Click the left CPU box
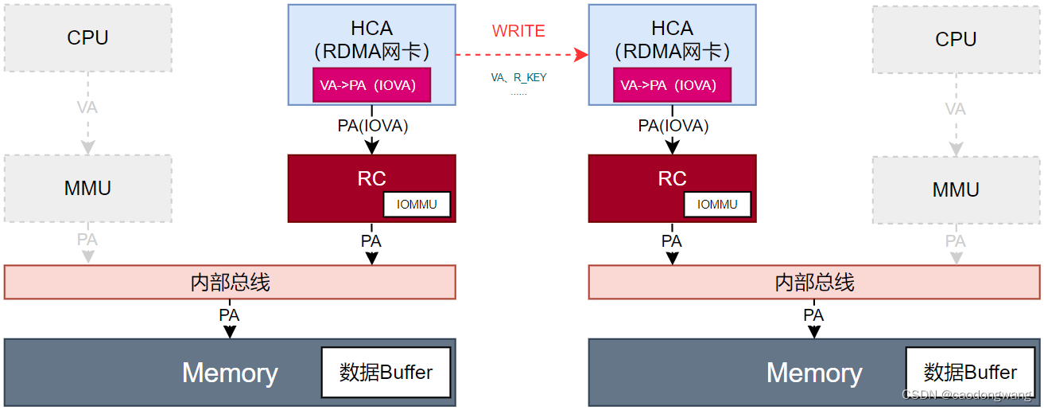tap(87, 38)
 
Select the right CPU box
tap(956, 40)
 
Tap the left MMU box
tap(87, 189)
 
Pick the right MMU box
tap(956, 190)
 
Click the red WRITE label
tap(518, 31)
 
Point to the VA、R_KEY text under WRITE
tap(518, 78)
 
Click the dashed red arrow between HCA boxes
tap(521, 54)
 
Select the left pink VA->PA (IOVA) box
tap(371, 85)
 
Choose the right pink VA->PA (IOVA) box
tap(672, 85)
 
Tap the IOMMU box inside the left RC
tap(417, 205)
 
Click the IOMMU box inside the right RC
tap(717, 205)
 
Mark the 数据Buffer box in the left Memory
tap(386, 373)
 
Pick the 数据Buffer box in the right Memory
tap(970, 373)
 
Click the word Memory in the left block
tap(230, 373)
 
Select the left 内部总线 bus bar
tap(230, 282)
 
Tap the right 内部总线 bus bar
tap(814, 282)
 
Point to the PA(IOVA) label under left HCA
tap(373, 126)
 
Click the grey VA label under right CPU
tap(955, 109)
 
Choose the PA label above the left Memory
tap(229, 315)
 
